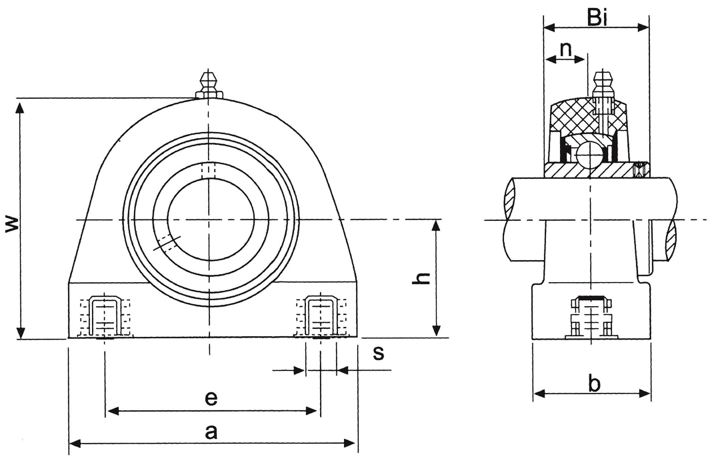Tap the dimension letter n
[x=566, y=49]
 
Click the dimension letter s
[x=378, y=353]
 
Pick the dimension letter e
[x=211, y=398]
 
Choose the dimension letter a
[x=211, y=432]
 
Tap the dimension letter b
[x=594, y=384]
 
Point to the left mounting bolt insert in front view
[x=104, y=317]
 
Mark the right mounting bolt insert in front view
[x=321, y=317]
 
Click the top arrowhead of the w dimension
[x=20, y=108]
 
